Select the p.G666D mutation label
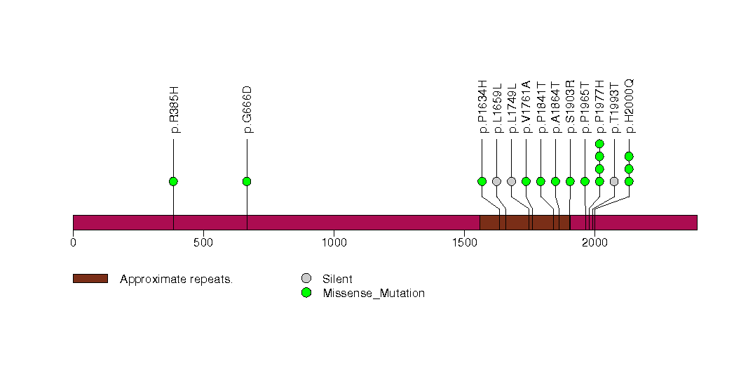pos(247,110)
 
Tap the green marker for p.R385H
pos(173,181)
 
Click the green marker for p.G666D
pos(247,181)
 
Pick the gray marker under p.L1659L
pos(496,181)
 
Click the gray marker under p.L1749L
pos(511,181)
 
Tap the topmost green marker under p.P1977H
pos(599,144)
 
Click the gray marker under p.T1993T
pos(614,181)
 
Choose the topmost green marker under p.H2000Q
pos(629,156)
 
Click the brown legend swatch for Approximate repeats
pos(90,279)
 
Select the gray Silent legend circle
pos(306,279)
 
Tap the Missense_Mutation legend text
pos(374,294)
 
